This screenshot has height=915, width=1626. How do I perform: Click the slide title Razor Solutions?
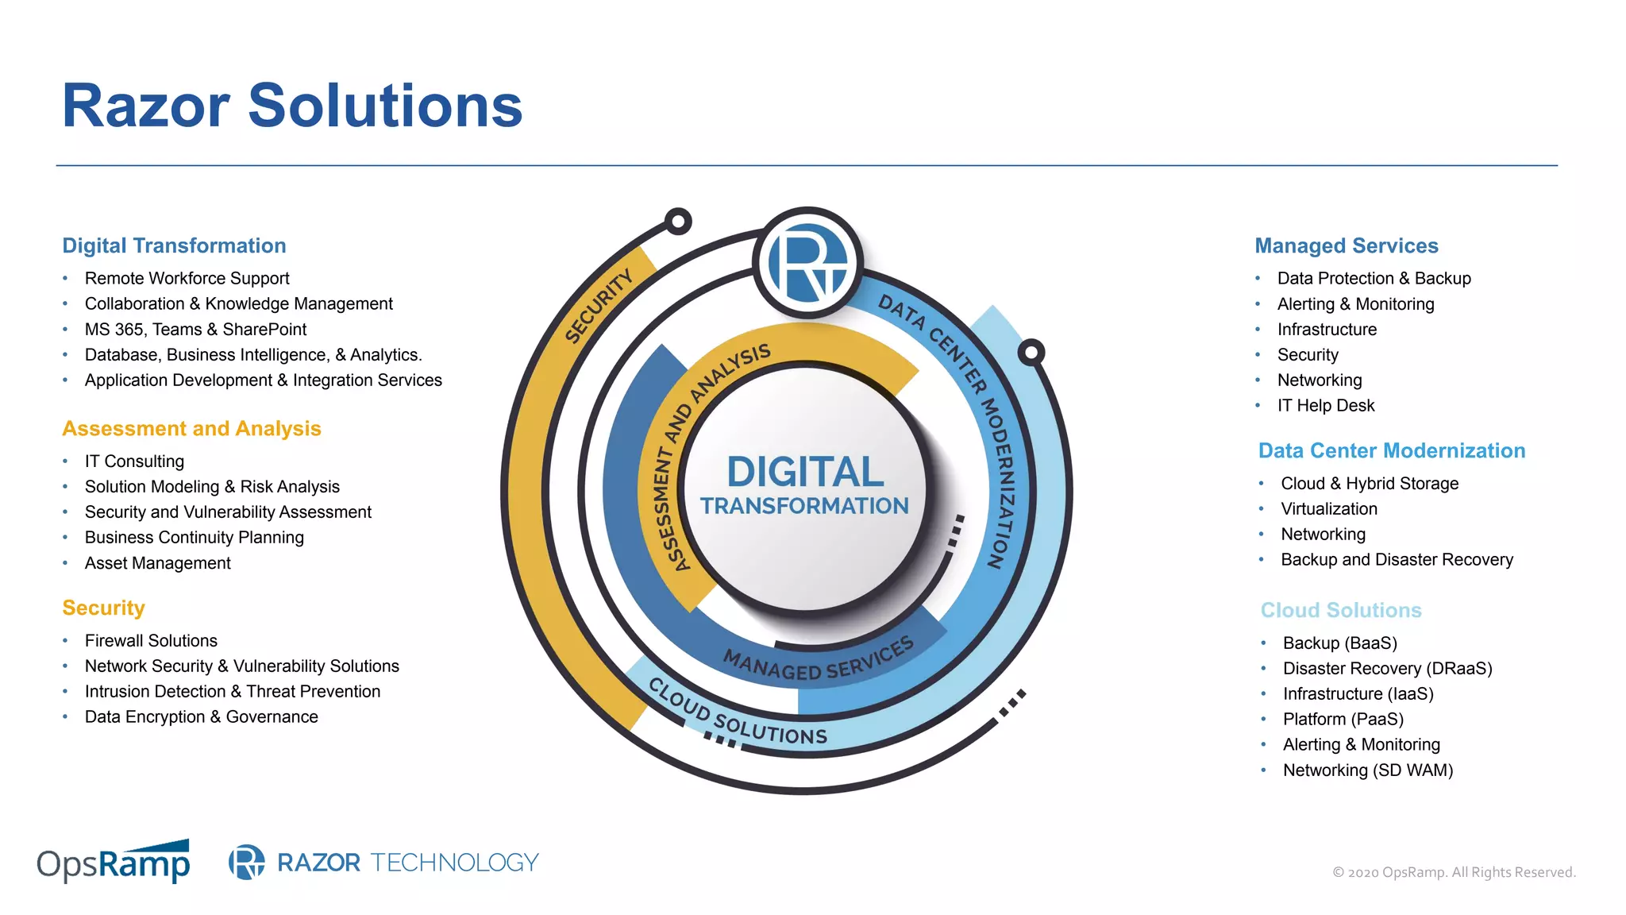pos(292,106)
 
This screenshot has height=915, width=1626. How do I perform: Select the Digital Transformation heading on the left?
pos(174,246)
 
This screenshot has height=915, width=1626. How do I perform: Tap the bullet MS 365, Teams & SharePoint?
pos(195,330)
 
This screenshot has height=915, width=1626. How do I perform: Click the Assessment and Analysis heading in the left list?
pos(191,429)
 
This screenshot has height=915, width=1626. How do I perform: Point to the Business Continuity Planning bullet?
pos(194,538)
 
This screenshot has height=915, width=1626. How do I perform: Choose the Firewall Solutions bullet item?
pos(151,641)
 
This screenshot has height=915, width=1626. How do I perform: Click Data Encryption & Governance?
pos(201,717)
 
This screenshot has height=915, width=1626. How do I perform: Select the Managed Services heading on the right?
pos(1346,246)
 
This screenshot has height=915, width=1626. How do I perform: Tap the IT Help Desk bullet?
pos(1325,406)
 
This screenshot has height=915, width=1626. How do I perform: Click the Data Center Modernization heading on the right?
pos(1391,451)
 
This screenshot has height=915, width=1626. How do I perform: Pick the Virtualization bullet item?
pos(1328,509)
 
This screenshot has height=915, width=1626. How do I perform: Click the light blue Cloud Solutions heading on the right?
pos(1340,611)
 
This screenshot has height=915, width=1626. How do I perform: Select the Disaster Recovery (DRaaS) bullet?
pos(1387,669)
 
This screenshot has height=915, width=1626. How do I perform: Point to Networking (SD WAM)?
pos(1367,770)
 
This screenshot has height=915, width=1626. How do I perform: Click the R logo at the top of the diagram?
pos(808,263)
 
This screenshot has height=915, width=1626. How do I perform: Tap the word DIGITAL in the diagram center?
pos(805,472)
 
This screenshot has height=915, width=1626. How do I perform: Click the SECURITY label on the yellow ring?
pos(599,306)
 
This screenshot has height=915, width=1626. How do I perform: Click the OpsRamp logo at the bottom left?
pos(114,863)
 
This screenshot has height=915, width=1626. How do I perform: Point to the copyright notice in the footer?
pos(1453,872)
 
